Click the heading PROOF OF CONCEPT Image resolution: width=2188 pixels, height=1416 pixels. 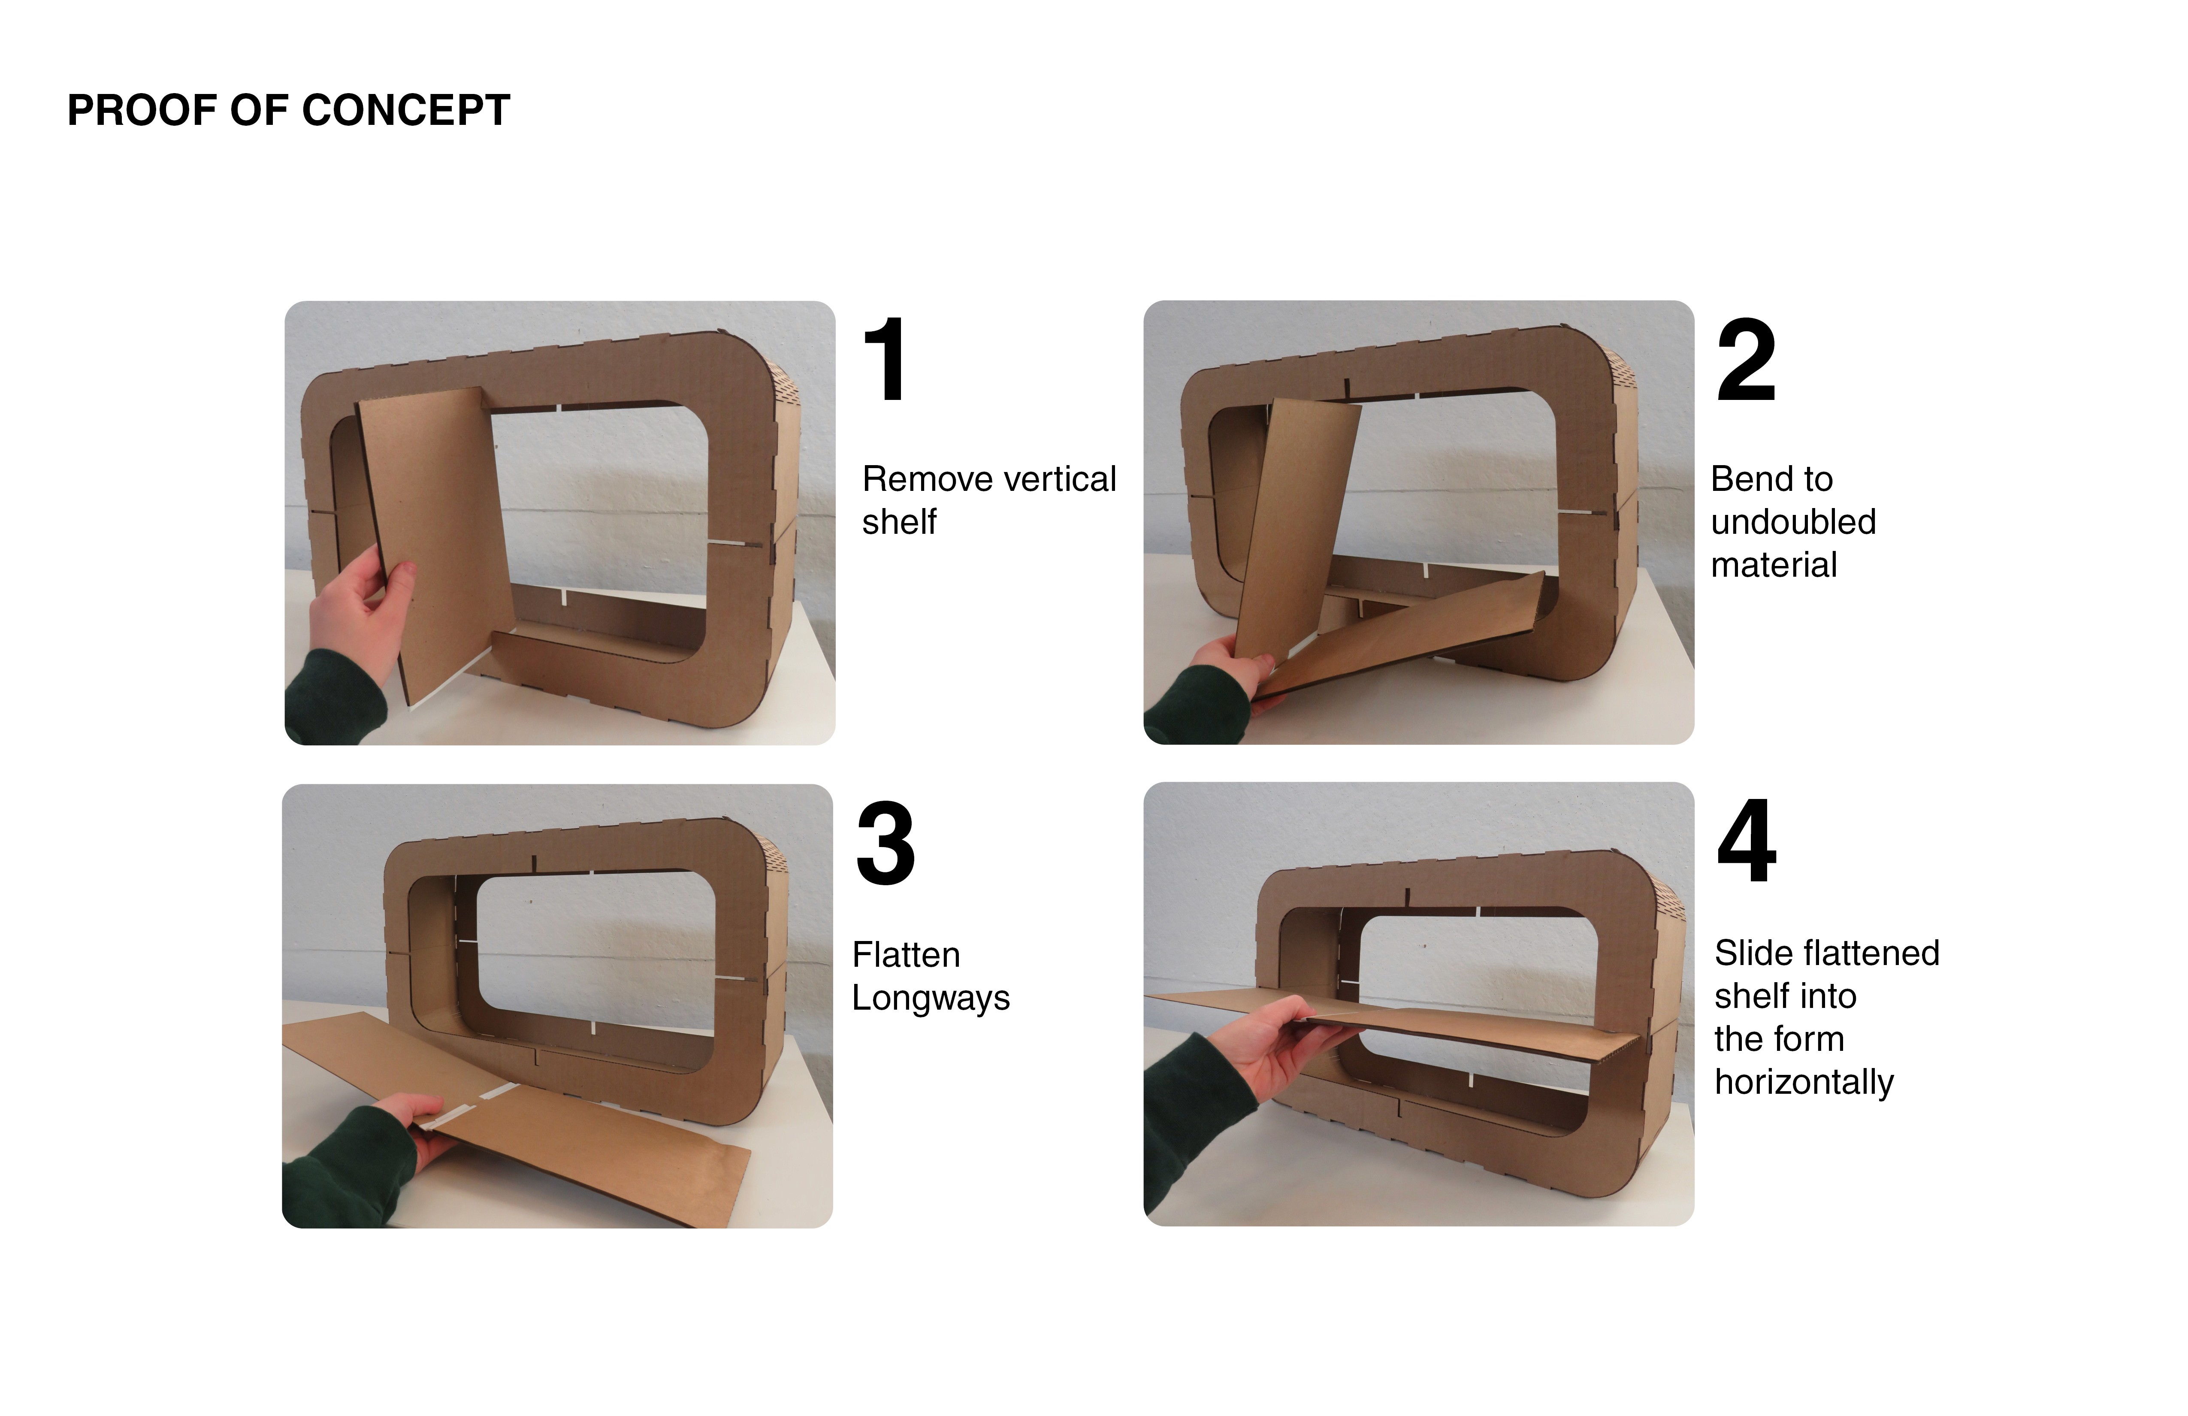point(289,110)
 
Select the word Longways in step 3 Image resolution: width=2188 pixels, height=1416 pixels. point(931,998)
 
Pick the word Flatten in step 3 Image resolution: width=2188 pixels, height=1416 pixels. point(906,955)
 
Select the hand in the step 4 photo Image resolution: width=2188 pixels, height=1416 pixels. point(1278,1044)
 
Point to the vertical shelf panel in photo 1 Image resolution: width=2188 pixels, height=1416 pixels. point(432,542)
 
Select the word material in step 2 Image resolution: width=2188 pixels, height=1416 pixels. point(1774,565)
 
